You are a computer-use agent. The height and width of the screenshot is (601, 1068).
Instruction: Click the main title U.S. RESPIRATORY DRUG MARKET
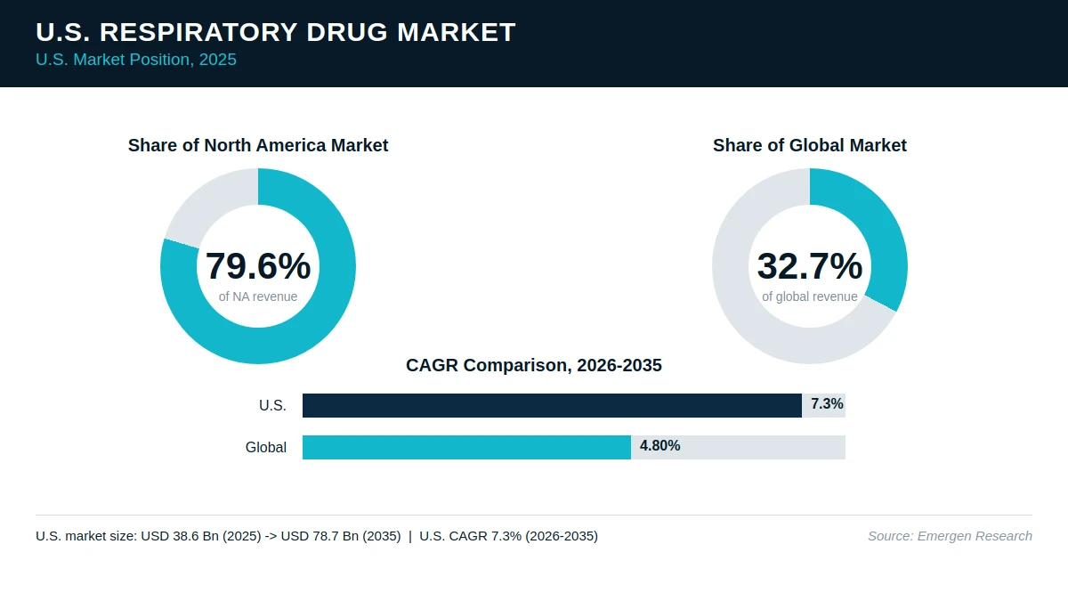click(x=276, y=32)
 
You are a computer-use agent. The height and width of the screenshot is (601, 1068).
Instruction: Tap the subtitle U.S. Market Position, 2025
click(x=136, y=60)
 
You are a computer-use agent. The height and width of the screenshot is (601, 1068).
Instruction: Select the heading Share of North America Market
click(x=258, y=145)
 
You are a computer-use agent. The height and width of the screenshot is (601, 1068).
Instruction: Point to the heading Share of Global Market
click(x=810, y=145)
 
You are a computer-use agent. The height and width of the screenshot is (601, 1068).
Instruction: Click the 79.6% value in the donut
click(x=258, y=265)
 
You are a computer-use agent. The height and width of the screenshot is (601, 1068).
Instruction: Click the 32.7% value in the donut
click(x=810, y=265)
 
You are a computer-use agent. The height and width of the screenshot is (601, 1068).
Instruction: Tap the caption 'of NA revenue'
click(x=258, y=296)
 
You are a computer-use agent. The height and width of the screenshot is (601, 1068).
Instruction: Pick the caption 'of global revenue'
click(x=810, y=296)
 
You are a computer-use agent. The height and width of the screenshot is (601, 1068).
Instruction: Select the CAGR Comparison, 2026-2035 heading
click(x=533, y=365)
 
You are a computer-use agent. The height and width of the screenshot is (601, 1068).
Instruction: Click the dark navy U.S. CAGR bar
click(x=552, y=405)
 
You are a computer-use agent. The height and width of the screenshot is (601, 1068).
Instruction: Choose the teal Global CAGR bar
click(x=466, y=447)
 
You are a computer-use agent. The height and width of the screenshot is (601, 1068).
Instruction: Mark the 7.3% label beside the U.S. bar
click(x=827, y=404)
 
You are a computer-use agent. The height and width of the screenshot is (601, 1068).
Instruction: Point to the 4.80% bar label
click(x=659, y=445)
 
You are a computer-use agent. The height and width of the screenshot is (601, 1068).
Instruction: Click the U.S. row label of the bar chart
click(x=272, y=405)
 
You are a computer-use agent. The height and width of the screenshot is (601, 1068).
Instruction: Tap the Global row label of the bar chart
click(x=266, y=447)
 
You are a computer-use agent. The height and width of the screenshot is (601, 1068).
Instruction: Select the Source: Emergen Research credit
click(x=950, y=536)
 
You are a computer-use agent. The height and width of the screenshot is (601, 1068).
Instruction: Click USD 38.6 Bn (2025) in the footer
click(x=201, y=536)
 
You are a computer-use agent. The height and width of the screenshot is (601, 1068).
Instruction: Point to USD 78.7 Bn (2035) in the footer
click(x=340, y=536)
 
